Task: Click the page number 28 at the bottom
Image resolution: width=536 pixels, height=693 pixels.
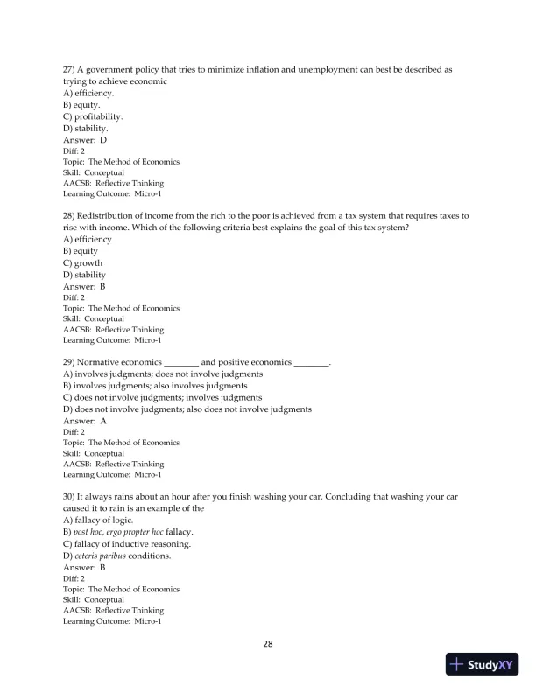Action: tap(268, 645)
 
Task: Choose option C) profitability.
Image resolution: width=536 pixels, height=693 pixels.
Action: tap(93, 116)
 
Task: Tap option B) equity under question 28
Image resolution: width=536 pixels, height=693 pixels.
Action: tap(81, 251)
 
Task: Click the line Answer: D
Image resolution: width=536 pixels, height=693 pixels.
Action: tap(85, 140)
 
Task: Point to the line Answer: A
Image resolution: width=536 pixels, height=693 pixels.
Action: tap(85, 422)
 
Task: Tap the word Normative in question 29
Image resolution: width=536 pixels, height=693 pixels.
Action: tap(106, 362)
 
